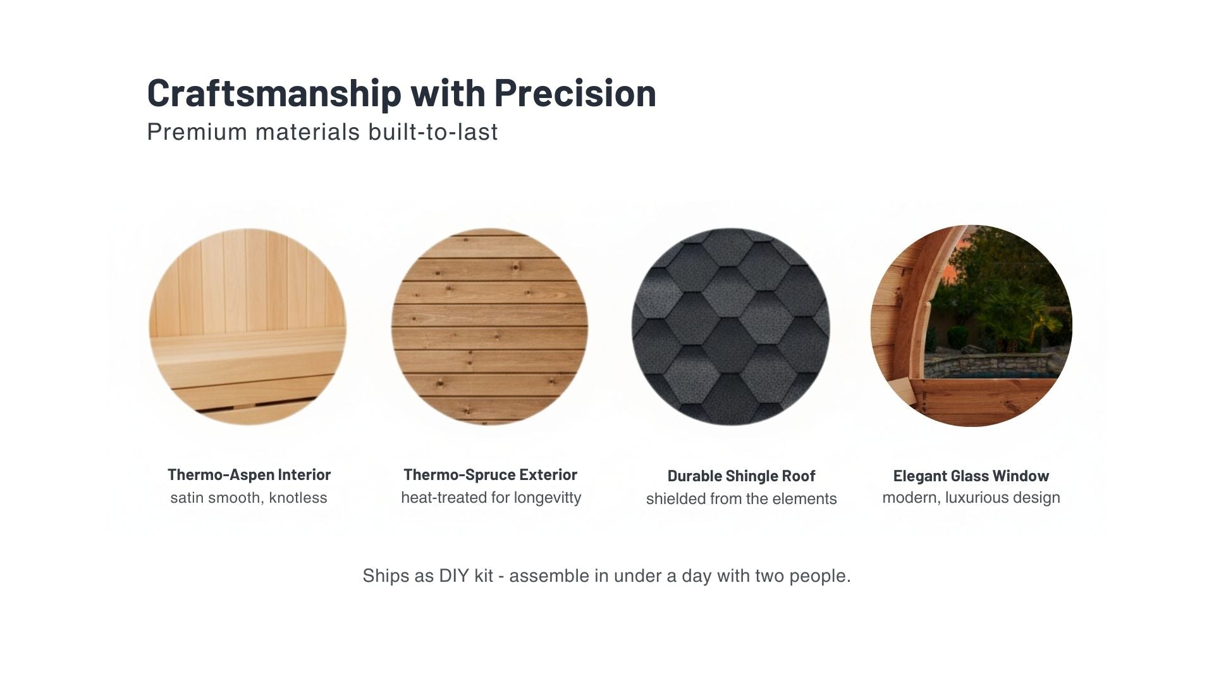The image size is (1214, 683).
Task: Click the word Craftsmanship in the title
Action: (x=273, y=93)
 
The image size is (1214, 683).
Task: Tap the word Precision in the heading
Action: (x=575, y=93)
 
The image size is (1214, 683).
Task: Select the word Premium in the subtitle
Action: (x=197, y=132)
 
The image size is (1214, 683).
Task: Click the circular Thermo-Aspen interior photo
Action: (x=247, y=326)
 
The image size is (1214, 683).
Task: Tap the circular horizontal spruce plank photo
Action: (x=489, y=326)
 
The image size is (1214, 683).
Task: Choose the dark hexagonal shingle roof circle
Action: (x=730, y=326)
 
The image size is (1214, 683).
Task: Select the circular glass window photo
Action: (x=971, y=326)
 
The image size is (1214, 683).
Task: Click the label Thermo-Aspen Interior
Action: (x=248, y=475)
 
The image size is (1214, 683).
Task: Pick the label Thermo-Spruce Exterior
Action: (x=490, y=475)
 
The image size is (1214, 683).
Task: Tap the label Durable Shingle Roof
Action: (x=741, y=476)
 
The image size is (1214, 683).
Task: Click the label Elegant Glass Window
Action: (x=971, y=476)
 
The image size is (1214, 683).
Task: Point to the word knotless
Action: (x=298, y=498)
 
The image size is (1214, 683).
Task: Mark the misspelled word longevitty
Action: (x=547, y=498)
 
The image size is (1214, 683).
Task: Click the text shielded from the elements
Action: (x=741, y=499)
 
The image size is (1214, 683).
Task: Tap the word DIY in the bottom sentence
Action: (x=454, y=576)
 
